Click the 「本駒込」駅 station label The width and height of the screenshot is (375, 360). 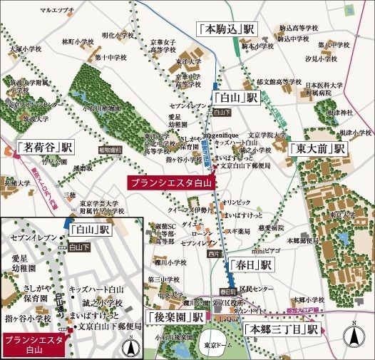click(x=227, y=31)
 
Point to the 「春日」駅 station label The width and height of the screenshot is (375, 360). click(x=250, y=264)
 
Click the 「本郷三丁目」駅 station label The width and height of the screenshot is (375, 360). click(x=280, y=330)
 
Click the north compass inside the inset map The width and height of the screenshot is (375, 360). click(x=130, y=348)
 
